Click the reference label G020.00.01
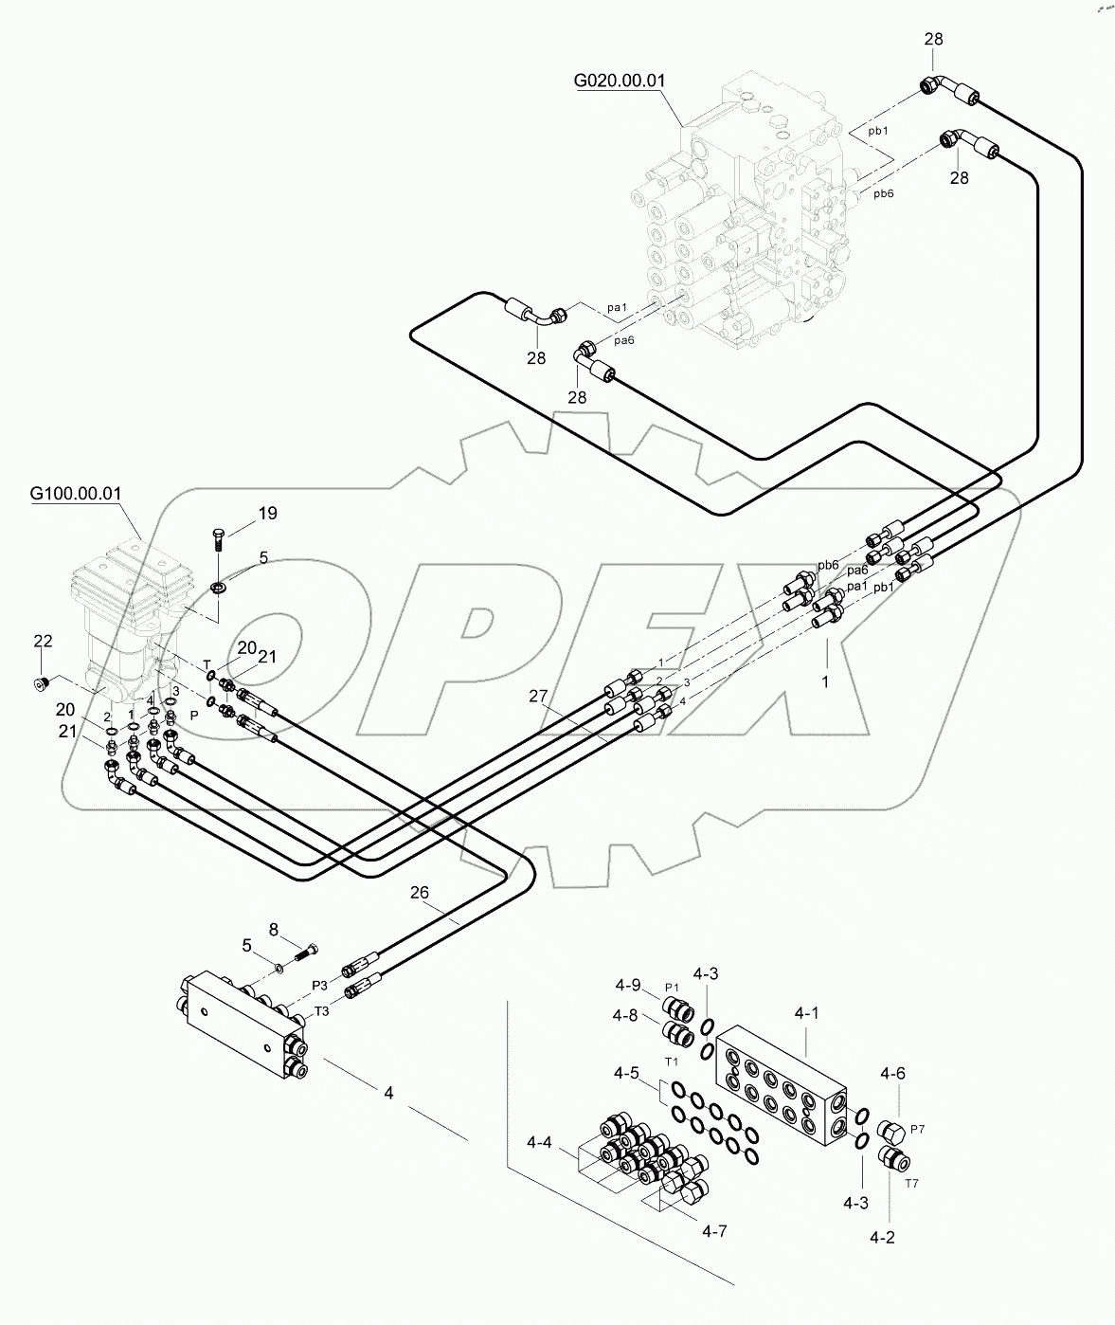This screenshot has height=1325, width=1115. click(x=620, y=81)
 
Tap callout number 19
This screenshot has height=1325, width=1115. click(x=267, y=514)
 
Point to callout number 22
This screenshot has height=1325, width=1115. click(x=43, y=642)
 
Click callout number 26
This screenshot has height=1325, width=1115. click(x=420, y=892)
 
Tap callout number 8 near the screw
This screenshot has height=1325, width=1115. click(x=274, y=929)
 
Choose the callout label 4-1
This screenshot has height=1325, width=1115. click(x=806, y=1013)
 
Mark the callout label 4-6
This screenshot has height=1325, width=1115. click(x=892, y=1074)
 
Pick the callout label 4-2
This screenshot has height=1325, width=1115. click(x=882, y=1236)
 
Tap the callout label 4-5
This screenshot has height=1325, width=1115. click(x=626, y=1074)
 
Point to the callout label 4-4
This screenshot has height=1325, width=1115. click(x=540, y=1143)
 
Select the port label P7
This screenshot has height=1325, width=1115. click(x=916, y=1129)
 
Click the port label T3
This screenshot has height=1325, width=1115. click(x=322, y=1011)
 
